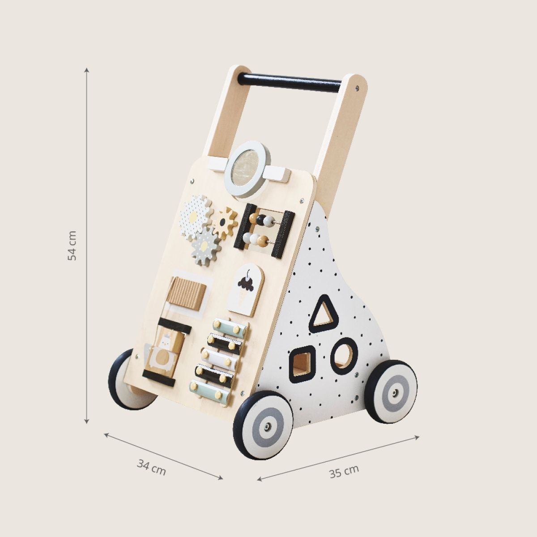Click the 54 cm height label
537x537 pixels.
[x=72, y=246]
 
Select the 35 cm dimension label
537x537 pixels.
[x=344, y=469]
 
